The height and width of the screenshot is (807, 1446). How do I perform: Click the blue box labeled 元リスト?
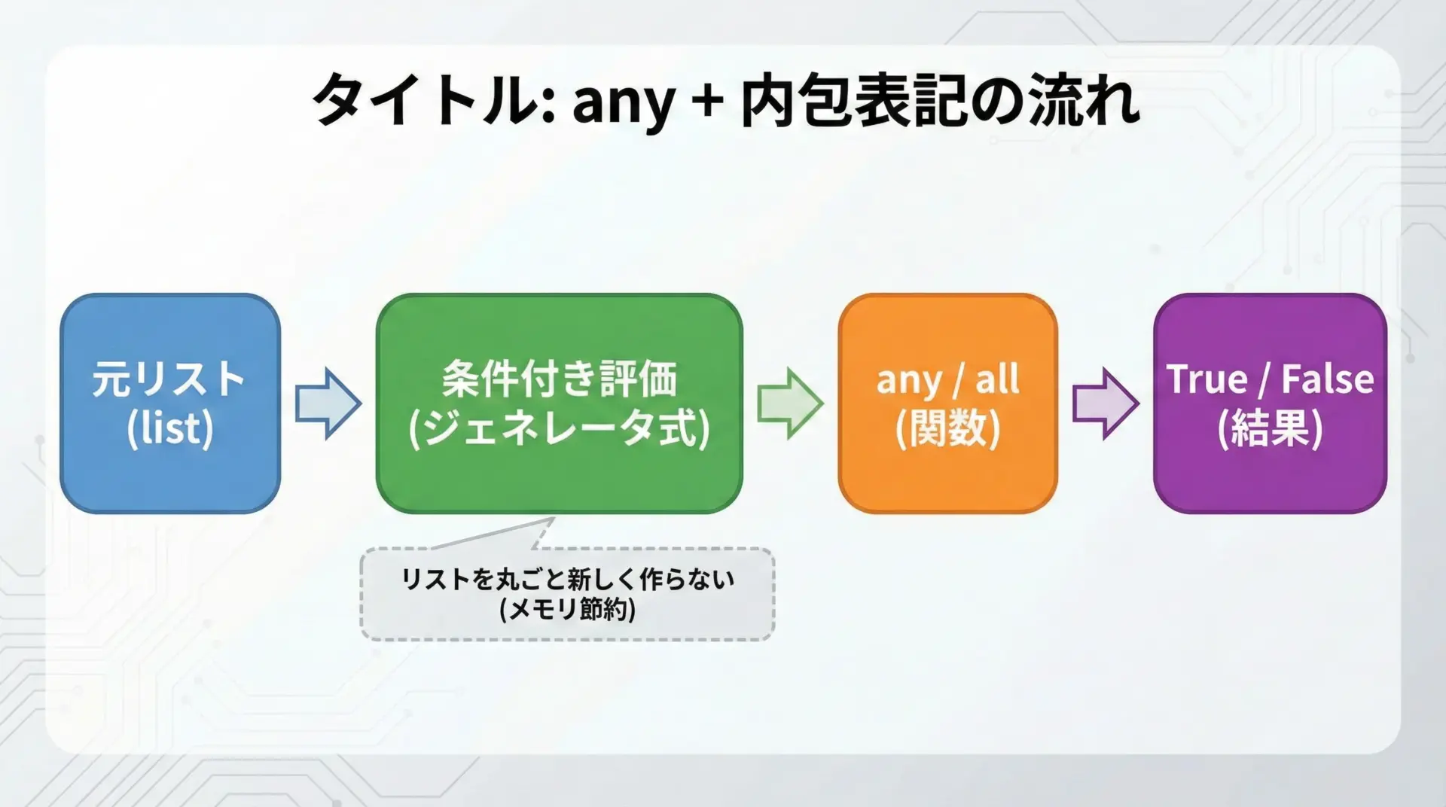(x=170, y=403)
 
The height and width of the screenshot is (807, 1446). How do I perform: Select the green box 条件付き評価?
(x=560, y=403)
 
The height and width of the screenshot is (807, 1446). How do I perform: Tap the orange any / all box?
(x=948, y=403)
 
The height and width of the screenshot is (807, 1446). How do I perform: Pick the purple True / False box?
(x=1270, y=403)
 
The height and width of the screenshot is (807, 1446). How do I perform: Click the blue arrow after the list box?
(x=328, y=403)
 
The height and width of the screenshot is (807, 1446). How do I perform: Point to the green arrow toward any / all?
(x=790, y=403)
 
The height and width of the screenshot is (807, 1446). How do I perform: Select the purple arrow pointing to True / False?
(x=1106, y=403)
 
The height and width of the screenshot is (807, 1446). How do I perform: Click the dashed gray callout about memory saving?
(x=567, y=594)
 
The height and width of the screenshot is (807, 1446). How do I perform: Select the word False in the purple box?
(x=1328, y=379)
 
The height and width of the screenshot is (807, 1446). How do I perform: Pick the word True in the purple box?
(x=1207, y=379)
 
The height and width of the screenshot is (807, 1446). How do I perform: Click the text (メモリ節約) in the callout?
(x=567, y=609)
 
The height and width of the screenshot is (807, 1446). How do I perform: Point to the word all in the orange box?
(x=998, y=379)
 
